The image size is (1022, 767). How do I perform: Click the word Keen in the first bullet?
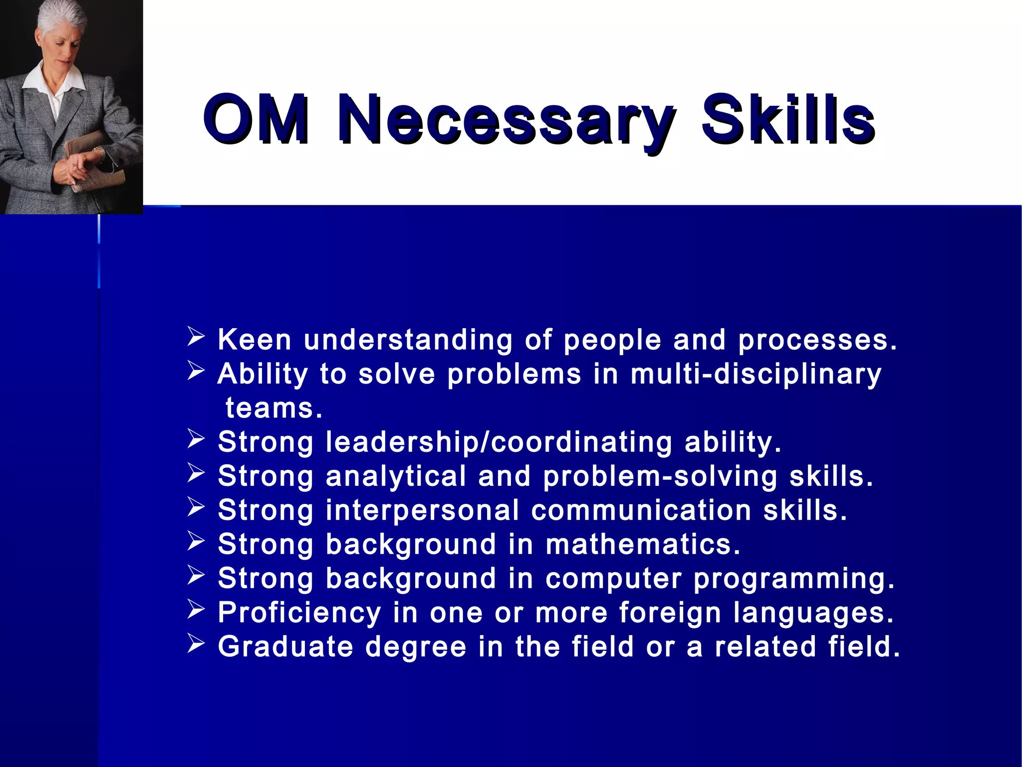[x=255, y=340]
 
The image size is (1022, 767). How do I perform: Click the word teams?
[x=274, y=408]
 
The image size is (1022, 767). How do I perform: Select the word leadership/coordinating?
[x=499, y=442]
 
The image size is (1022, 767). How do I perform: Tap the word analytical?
[x=396, y=476]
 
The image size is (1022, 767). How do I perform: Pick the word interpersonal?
[x=422, y=510]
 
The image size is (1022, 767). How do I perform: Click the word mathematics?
[x=643, y=544]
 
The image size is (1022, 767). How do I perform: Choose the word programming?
[x=794, y=579]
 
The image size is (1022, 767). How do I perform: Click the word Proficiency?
[x=299, y=613]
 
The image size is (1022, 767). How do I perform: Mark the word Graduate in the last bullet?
[x=285, y=647]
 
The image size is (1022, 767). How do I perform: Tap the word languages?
[x=813, y=613]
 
